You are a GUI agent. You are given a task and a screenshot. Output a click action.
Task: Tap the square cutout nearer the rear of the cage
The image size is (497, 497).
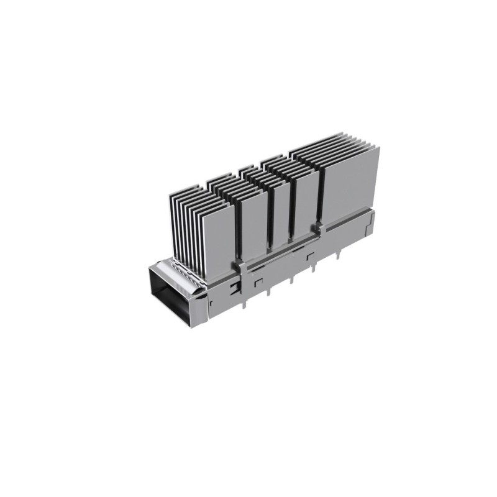tap(310, 255)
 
